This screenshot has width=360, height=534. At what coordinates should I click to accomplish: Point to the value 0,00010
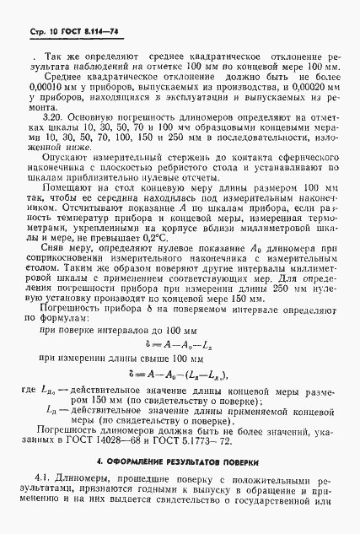coord(40,87)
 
